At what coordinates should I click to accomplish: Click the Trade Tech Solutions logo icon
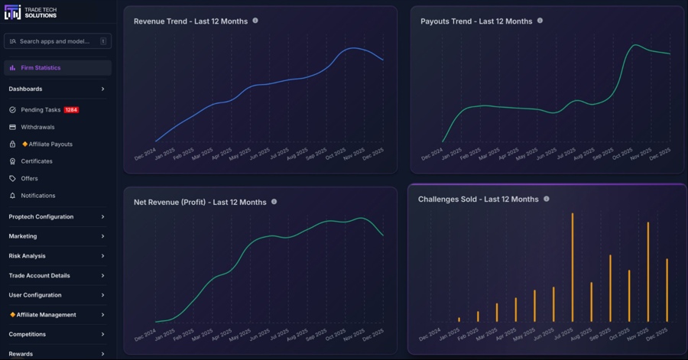click(x=13, y=12)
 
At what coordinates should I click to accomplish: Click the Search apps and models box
click(x=57, y=41)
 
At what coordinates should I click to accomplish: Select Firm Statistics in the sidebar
click(x=41, y=68)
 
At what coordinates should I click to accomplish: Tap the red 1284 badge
click(x=71, y=110)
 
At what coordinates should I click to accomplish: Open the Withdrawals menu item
click(x=37, y=127)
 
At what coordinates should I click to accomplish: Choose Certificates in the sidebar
click(x=37, y=161)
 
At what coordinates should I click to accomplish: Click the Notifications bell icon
click(x=12, y=196)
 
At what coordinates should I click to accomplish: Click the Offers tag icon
click(x=12, y=179)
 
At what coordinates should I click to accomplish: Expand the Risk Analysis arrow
click(x=103, y=256)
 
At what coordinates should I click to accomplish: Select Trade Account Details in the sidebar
click(x=39, y=275)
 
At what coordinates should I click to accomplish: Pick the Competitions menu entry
click(x=28, y=334)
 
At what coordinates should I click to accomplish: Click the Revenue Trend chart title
click(x=190, y=21)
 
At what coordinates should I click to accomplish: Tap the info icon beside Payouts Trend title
click(x=540, y=21)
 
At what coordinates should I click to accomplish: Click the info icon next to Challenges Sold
click(x=546, y=199)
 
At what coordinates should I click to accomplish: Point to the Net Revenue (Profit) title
click(x=200, y=203)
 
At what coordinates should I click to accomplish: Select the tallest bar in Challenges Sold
click(x=573, y=268)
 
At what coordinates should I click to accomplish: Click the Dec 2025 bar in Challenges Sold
click(x=667, y=290)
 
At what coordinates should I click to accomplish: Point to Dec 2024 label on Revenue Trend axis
click(x=145, y=152)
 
